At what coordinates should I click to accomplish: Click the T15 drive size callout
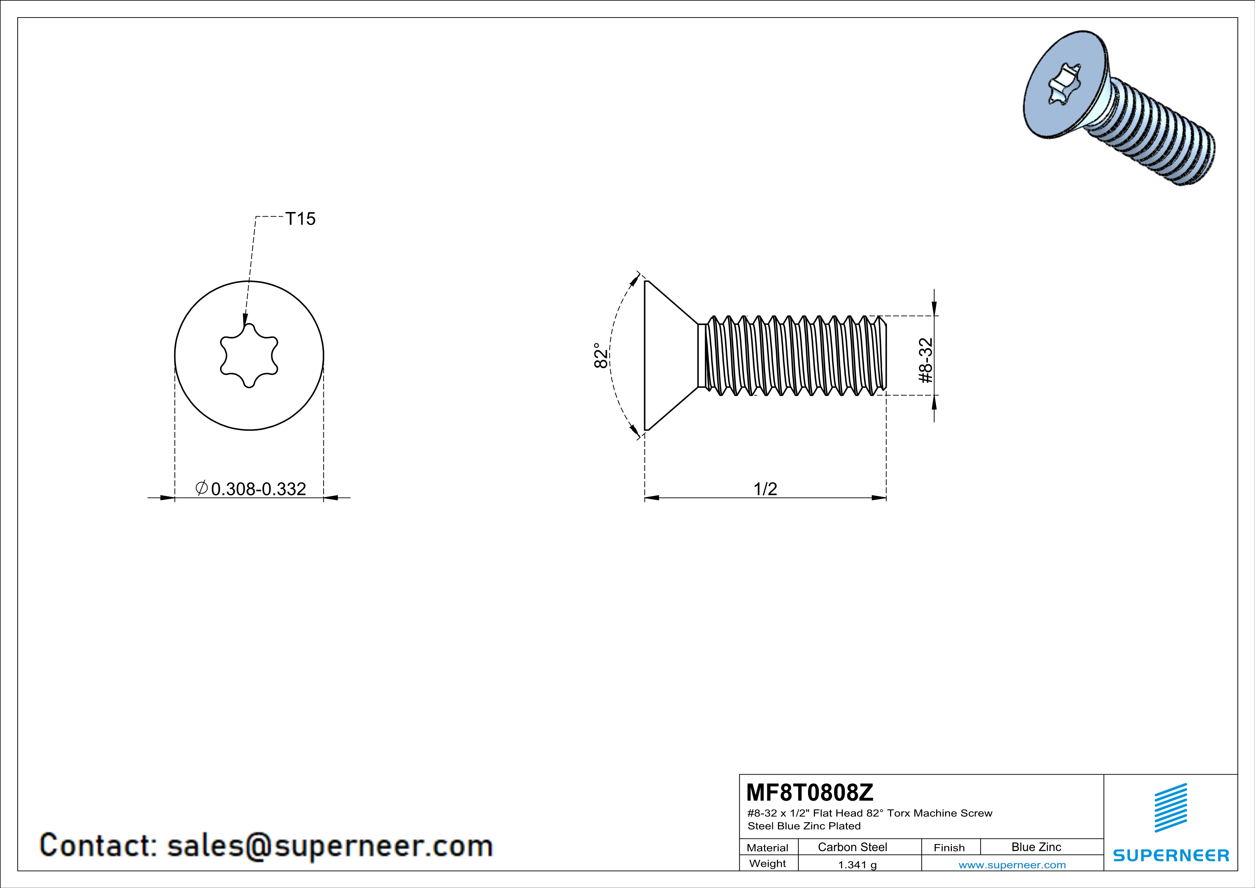pos(300,219)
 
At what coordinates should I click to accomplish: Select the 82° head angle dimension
pos(600,356)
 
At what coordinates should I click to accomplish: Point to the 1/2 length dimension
pos(765,488)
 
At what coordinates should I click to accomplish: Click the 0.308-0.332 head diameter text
pos(258,489)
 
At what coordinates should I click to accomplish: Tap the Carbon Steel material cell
pos(852,847)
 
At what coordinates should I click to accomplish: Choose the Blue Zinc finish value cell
pos(1036,847)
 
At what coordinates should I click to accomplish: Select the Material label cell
pos(768,848)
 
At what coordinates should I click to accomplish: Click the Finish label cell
pos(949,848)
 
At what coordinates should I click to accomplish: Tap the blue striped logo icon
pos(1170,808)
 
